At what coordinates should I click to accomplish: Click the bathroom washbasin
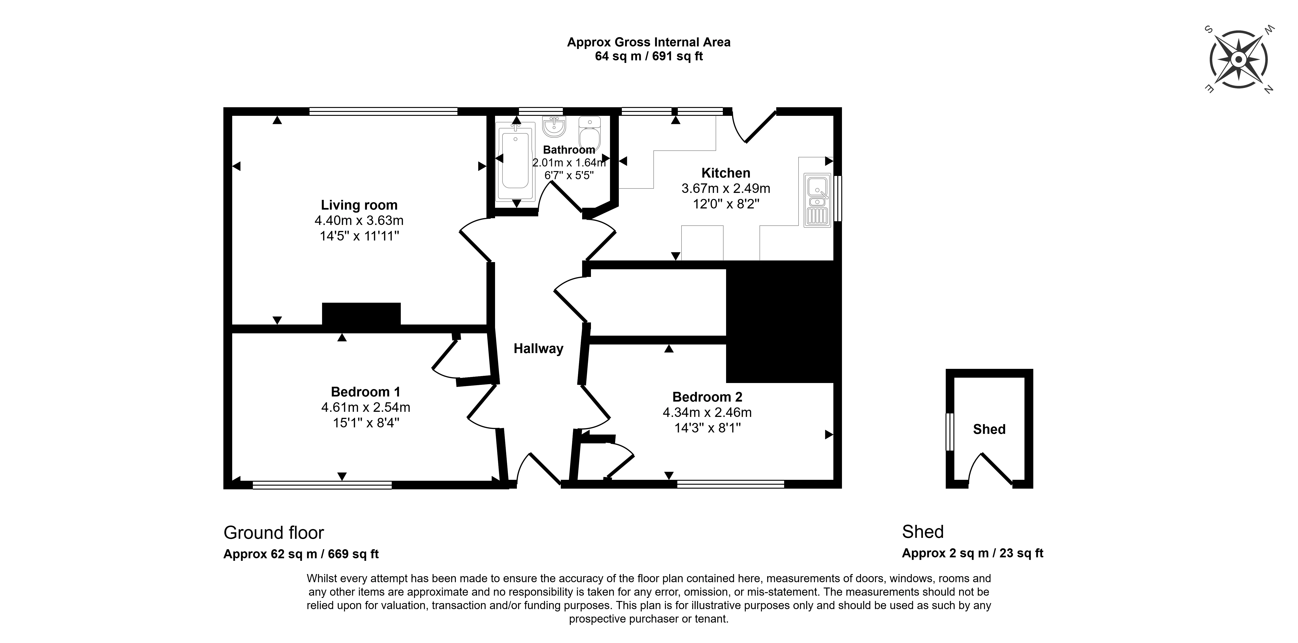[x=554, y=126]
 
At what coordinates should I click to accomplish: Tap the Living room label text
[x=359, y=205]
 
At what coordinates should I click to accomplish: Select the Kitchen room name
[x=726, y=173]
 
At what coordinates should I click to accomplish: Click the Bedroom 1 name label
[x=366, y=392]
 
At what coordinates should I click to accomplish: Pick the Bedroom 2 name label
[x=708, y=397]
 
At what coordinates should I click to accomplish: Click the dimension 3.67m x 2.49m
[x=726, y=188]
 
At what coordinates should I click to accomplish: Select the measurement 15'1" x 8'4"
[x=366, y=422]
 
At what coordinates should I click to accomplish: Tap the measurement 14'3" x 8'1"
[x=708, y=428]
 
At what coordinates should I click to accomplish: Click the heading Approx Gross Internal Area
[x=649, y=42]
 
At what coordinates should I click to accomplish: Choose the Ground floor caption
[x=274, y=533]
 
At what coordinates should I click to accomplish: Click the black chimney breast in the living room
[x=361, y=314]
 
